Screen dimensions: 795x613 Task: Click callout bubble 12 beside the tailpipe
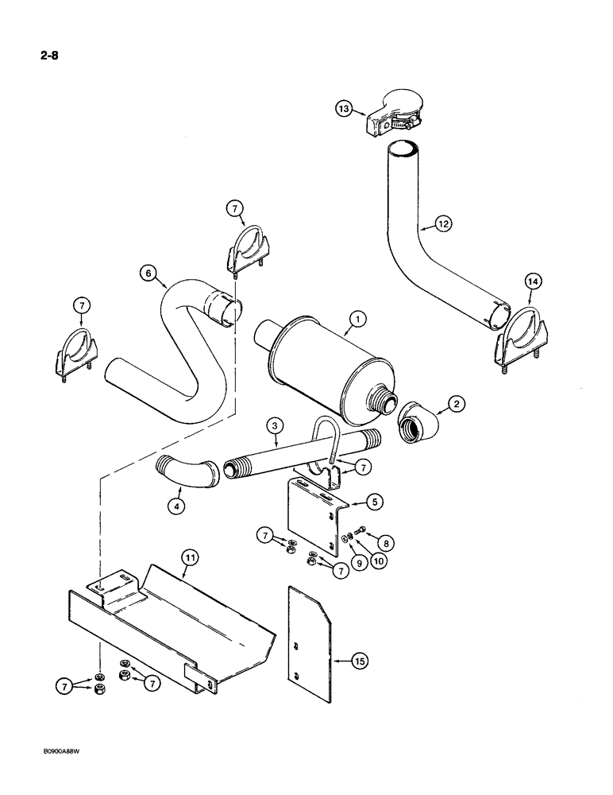pyautogui.click(x=442, y=225)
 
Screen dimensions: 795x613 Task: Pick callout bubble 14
pyautogui.click(x=531, y=281)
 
